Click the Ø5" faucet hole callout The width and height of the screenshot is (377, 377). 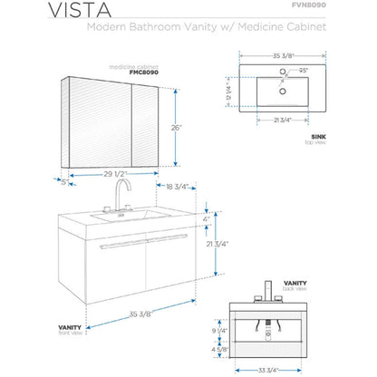click(306, 70)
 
